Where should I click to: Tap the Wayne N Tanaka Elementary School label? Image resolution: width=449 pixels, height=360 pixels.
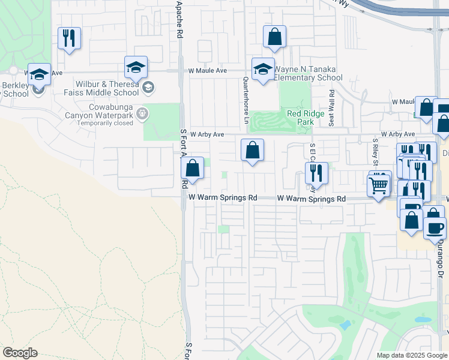tap(309, 73)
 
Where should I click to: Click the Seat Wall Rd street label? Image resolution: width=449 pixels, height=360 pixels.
tap(331, 107)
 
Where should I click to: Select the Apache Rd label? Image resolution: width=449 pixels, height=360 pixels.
tap(179, 20)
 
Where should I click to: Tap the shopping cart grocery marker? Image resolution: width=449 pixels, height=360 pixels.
tap(379, 185)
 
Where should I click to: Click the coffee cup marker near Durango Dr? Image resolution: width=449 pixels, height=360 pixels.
tap(435, 227)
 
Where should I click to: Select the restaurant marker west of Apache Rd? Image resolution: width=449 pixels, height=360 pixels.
tap(69, 38)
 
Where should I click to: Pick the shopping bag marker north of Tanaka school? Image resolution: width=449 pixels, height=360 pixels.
tap(274, 36)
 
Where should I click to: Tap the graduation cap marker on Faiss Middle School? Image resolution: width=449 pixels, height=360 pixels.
tap(136, 67)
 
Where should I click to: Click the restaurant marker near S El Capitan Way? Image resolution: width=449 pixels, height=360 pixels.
tap(316, 173)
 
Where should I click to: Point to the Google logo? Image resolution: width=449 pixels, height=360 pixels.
tap(20, 353)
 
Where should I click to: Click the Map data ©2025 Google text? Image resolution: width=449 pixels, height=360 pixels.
tap(412, 355)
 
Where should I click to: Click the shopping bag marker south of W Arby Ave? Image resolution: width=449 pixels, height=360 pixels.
tap(252, 150)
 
